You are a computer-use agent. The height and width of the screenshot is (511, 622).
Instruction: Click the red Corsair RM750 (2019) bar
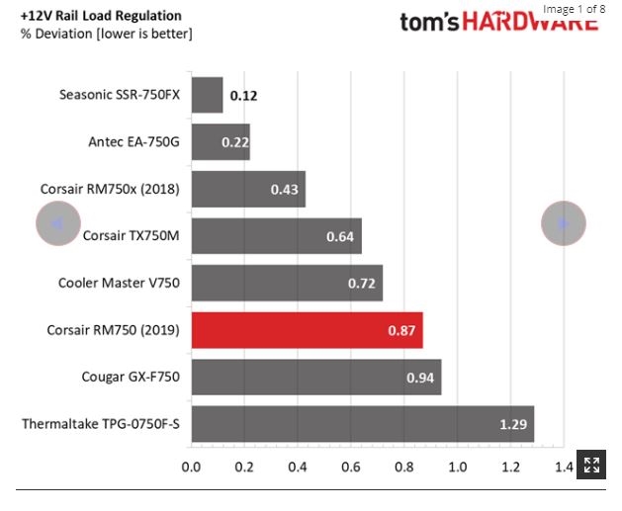[x=307, y=330]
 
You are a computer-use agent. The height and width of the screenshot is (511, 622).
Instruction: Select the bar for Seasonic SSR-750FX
[x=207, y=96]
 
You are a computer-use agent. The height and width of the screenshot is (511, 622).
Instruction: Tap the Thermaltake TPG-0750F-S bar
[x=362, y=424]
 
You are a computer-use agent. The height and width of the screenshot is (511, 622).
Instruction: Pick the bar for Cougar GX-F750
[x=315, y=377]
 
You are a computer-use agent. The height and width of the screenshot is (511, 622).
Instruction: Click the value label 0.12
[x=243, y=97]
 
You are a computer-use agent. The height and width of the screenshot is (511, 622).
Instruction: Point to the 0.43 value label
[x=285, y=190]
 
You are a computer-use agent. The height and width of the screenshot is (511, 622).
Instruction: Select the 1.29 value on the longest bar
[x=513, y=424]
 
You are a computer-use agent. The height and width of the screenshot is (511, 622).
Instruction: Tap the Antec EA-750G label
[x=133, y=142]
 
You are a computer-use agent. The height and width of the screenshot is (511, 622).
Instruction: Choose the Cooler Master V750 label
[x=119, y=284]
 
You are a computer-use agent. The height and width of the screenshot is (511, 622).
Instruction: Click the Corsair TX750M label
[x=131, y=236]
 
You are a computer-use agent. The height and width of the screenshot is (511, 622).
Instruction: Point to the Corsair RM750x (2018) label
[x=110, y=190]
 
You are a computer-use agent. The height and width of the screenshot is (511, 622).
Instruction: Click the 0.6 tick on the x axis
[x=351, y=466]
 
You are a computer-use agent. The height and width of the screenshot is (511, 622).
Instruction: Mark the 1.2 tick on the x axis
[x=510, y=466]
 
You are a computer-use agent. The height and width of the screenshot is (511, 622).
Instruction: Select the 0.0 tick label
[x=191, y=466]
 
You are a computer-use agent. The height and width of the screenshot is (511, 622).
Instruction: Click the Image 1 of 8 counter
[x=574, y=9]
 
